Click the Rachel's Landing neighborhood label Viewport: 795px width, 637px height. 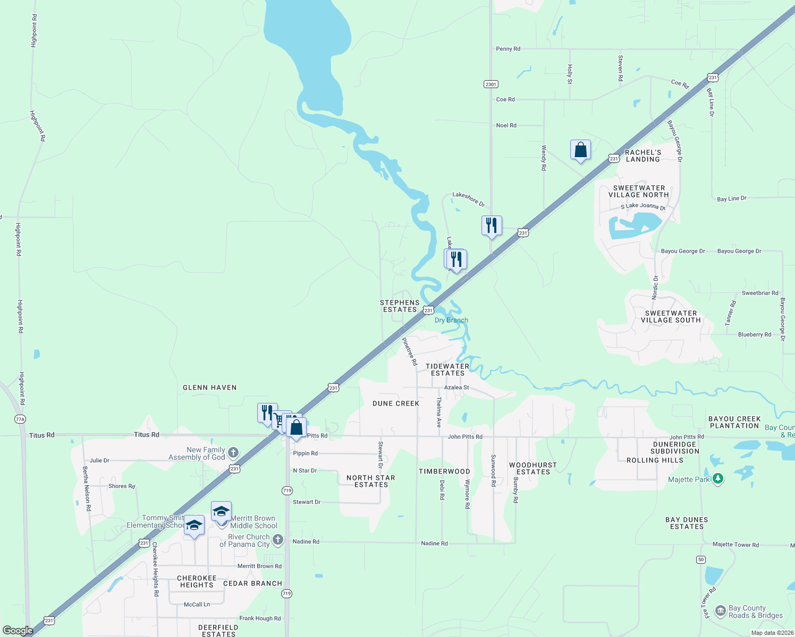[x=642, y=156]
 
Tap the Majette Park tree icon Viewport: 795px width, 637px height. [x=718, y=479]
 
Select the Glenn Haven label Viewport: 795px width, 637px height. [x=209, y=388]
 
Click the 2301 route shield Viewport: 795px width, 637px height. [x=490, y=84]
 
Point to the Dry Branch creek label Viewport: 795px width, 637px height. [x=451, y=321]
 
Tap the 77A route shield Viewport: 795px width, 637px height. [x=20, y=419]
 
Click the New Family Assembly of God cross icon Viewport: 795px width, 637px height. [x=233, y=453]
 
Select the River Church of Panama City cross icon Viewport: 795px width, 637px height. [x=277, y=540]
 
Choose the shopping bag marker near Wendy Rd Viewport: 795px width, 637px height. [x=580, y=150]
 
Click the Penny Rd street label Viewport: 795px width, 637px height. [x=508, y=49]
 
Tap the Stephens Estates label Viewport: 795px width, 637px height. [x=400, y=306]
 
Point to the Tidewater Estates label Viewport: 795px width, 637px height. [x=447, y=370]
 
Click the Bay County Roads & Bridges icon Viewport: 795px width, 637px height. [x=721, y=611]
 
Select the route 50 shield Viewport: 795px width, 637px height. [x=701, y=559]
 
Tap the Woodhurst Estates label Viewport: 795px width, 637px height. [x=533, y=469]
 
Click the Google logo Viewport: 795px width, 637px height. [x=18, y=630]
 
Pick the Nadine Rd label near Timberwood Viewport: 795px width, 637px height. [x=434, y=544]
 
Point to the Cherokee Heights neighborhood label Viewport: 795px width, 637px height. [x=197, y=582]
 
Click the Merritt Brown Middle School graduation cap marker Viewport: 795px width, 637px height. [x=221, y=512]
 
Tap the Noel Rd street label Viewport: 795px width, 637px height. [x=506, y=126]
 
